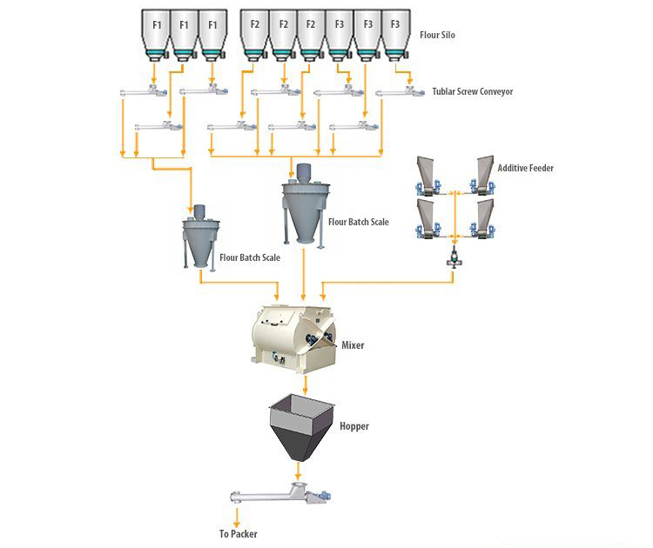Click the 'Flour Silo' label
tap(435, 36)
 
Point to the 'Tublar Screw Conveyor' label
tap(472, 90)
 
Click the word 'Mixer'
tap(353, 345)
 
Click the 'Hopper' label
tap(354, 426)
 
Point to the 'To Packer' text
tap(238, 534)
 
